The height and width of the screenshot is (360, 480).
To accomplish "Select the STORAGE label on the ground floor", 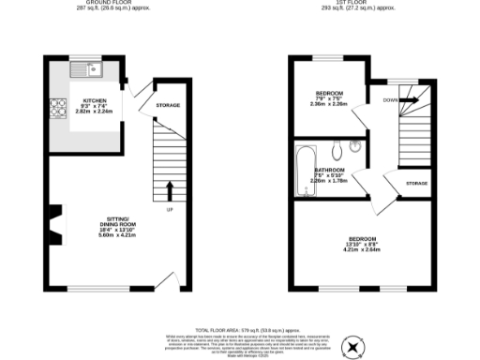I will [x=168, y=106].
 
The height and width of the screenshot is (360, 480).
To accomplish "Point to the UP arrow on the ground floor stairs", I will [x=170, y=190].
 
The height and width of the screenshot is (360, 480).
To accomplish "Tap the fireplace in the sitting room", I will [x=59, y=225].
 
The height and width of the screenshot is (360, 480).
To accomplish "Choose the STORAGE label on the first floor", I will [x=415, y=183].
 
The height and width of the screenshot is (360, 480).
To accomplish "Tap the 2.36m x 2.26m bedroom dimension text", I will [x=329, y=104].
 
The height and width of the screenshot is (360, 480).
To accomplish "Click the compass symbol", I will [x=352, y=347].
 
